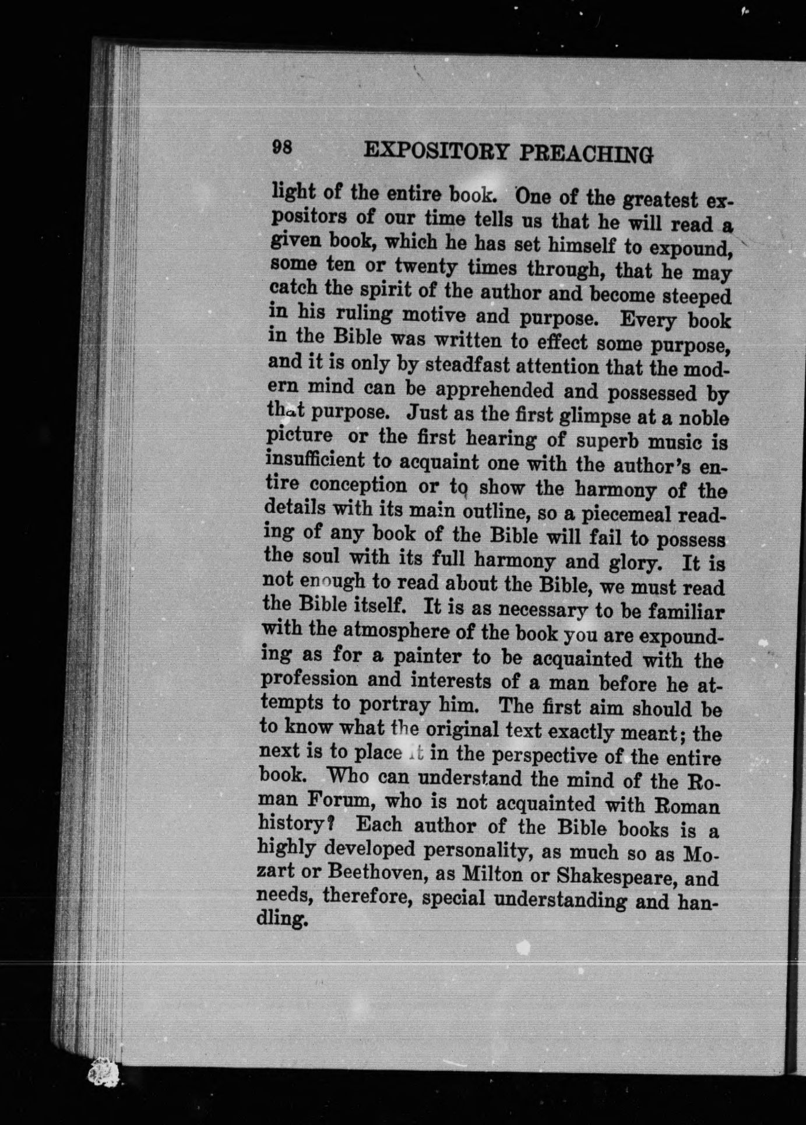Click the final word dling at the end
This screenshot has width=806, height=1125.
click(282, 920)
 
